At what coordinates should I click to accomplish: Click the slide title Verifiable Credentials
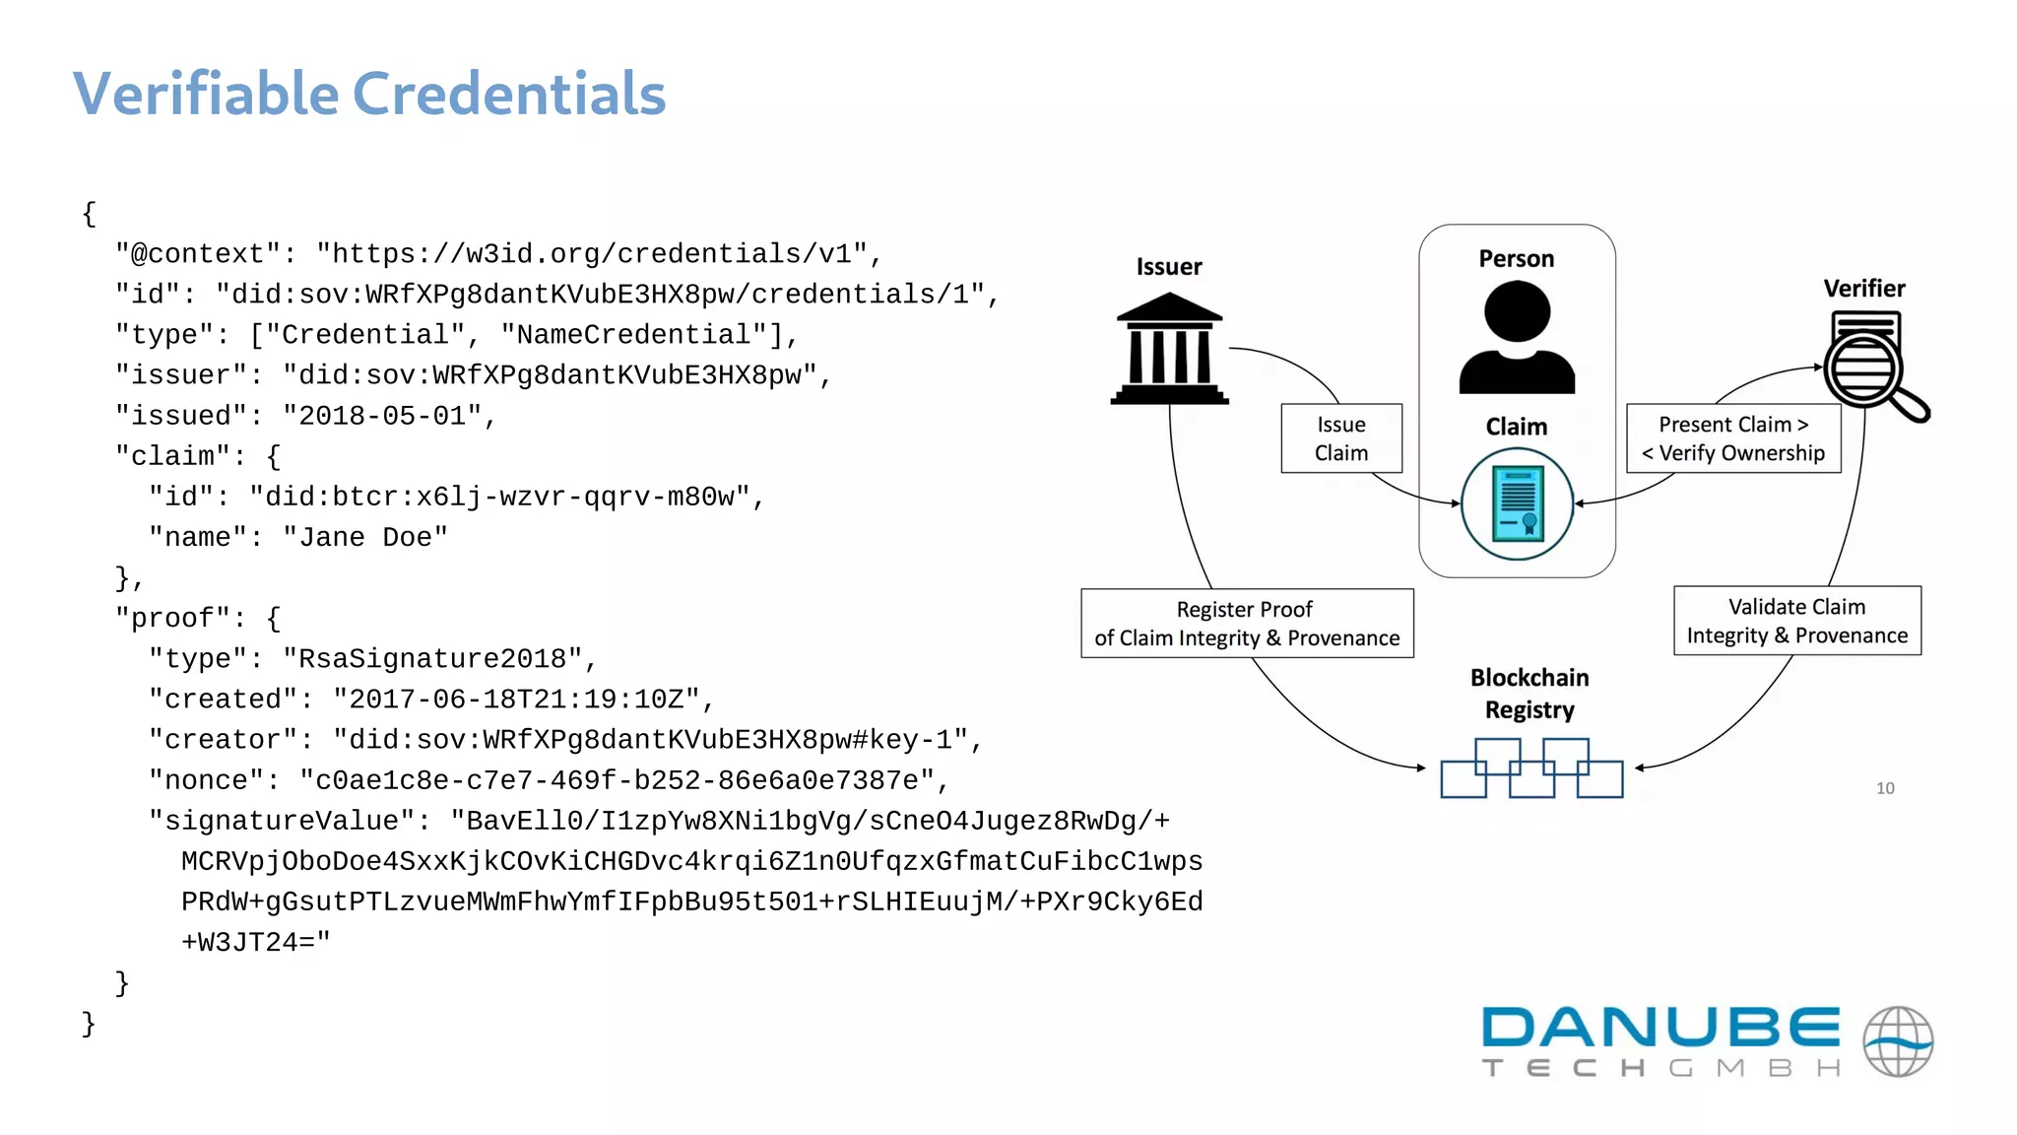[x=369, y=94]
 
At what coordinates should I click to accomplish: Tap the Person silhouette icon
[x=1517, y=337]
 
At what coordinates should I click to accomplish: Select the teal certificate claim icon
[x=1517, y=503]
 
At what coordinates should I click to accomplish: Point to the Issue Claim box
[x=1341, y=438]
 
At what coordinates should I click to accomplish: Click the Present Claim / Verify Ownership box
[x=1733, y=438]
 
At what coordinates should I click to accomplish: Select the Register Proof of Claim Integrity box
[x=1247, y=624]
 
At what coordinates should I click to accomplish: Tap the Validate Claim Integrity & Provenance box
[x=1797, y=621]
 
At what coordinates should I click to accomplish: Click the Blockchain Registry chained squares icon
[x=1531, y=768]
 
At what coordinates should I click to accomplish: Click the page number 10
[x=1885, y=788]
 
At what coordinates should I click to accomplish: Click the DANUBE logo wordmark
[x=1660, y=1028]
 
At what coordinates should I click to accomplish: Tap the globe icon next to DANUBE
[x=1898, y=1041]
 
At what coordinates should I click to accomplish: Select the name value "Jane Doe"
[x=365, y=538]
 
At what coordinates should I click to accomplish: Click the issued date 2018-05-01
[x=382, y=416]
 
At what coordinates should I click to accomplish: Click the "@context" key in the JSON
[x=198, y=254]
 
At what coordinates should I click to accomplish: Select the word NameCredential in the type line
[x=633, y=335]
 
